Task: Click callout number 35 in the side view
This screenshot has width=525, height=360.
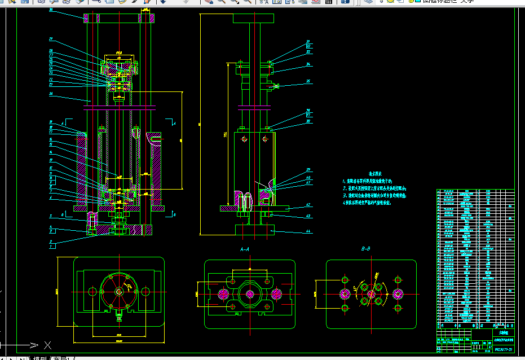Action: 308,82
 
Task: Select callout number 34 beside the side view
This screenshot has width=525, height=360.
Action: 308,65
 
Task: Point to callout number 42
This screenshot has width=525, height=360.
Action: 308,205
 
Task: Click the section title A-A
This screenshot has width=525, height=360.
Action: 245,249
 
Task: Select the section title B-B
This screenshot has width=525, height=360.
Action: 366,249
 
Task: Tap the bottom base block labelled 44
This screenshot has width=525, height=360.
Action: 254,230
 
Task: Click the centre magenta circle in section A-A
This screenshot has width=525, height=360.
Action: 250,294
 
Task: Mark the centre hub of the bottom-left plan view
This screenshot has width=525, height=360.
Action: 119,292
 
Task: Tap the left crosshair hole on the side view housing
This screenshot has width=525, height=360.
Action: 243,139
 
